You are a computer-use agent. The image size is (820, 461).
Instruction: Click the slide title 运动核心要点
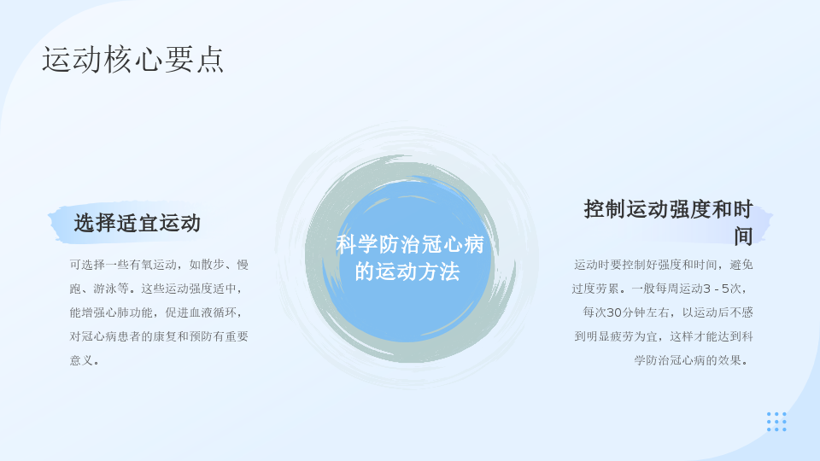tap(133, 59)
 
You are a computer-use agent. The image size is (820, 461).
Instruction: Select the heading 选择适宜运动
tap(138, 223)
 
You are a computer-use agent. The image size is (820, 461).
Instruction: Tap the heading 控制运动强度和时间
tap(668, 222)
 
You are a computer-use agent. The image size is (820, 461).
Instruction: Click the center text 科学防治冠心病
tap(410, 245)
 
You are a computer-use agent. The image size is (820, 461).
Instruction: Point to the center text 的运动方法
tap(407, 271)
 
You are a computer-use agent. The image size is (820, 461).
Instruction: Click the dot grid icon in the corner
tap(776, 422)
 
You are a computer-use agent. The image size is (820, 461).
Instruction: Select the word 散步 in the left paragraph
tap(214, 265)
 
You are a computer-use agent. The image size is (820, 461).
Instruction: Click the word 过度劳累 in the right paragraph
tap(595, 289)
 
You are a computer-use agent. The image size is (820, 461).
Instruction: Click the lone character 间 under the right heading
tap(742, 236)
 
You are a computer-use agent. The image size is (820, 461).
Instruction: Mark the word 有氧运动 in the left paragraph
tap(153, 265)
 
